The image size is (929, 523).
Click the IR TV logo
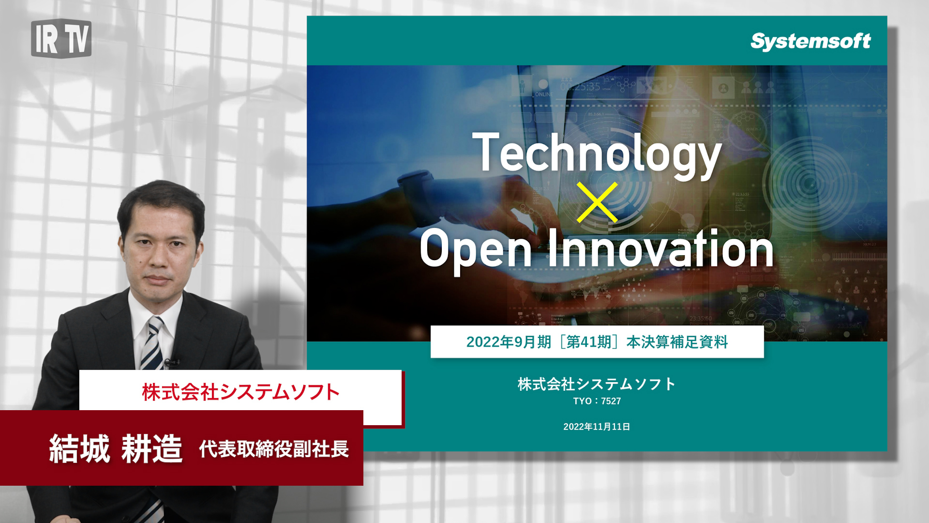pyautogui.click(x=61, y=38)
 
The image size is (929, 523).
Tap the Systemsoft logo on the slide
pyautogui.click(x=810, y=41)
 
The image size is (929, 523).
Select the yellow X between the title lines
pyautogui.click(x=597, y=202)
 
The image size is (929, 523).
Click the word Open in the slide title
pyautogui.click(x=476, y=249)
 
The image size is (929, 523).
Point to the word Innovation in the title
pyautogui.click(x=660, y=248)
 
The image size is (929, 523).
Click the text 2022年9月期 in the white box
pyautogui.click(x=509, y=342)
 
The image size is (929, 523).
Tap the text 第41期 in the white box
pyautogui.click(x=589, y=342)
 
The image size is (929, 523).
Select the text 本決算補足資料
pyautogui.click(x=677, y=342)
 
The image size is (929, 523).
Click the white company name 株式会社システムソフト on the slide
pyautogui.click(x=597, y=384)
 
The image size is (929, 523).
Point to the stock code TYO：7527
pyautogui.click(x=597, y=401)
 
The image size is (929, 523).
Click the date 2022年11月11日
pyautogui.click(x=597, y=427)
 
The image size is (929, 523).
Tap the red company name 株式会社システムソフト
pyautogui.click(x=240, y=392)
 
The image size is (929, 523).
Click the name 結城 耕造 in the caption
pyautogui.click(x=116, y=449)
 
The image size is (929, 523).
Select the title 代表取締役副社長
pyautogui.click(x=274, y=449)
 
